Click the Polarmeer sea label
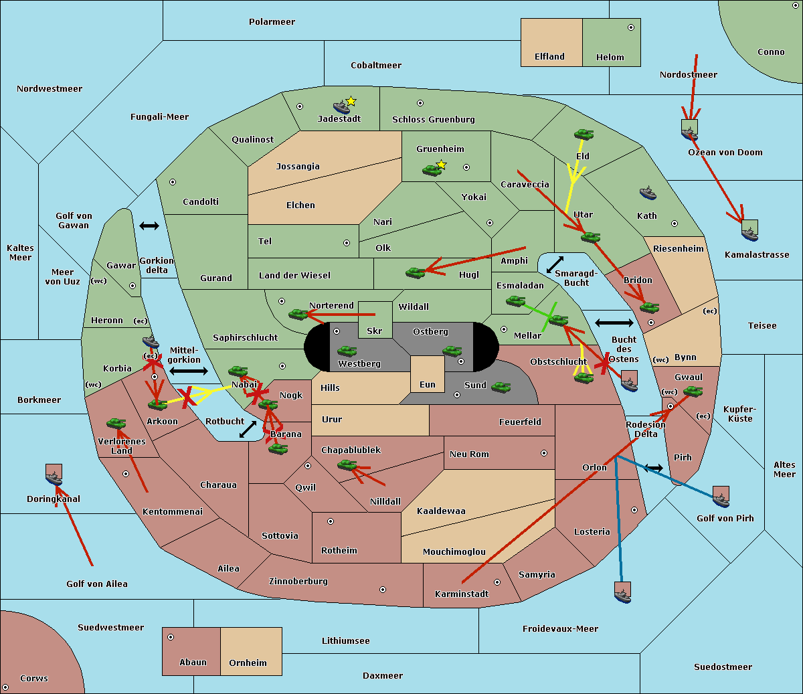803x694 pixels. coord(272,22)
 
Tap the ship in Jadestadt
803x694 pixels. coord(341,107)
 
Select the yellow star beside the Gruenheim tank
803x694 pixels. coord(442,165)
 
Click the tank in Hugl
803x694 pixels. coord(415,273)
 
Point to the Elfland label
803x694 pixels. coord(549,57)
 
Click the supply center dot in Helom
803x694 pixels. coord(631,27)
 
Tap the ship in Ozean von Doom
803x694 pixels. coord(689,134)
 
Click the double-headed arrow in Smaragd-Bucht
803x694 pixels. coord(555,264)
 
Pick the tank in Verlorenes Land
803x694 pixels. coord(116,423)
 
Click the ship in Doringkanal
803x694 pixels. coord(54,479)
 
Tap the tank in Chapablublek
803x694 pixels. coord(347,464)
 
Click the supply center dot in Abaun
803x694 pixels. coord(171,637)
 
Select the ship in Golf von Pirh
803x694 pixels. coord(721,501)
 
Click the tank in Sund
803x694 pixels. coord(501,387)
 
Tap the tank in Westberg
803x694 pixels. coord(347,351)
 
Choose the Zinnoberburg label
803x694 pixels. coord(298,582)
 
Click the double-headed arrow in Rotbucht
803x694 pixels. coord(248,430)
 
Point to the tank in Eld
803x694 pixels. coord(584,135)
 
